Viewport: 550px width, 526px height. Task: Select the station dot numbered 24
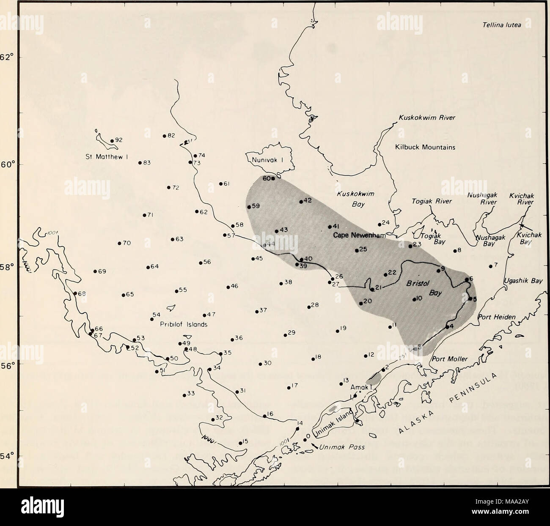coord(379,225)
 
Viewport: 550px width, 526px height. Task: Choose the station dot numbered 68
coord(75,293)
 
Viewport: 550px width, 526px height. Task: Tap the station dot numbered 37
coord(257,312)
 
